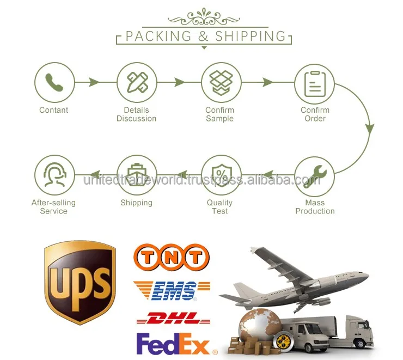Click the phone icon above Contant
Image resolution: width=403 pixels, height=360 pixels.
[x=54, y=82]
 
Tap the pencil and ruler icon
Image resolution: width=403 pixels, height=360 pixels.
[x=136, y=82]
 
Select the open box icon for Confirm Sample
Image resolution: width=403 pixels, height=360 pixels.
[x=221, y=82]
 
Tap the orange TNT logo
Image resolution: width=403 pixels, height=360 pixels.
[x=171, y=257]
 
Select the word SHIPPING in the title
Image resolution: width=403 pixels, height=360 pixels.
[x=251, y=36]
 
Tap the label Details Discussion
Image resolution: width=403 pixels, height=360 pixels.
[x=136, y=114]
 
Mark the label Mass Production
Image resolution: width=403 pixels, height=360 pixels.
[x=315, y=207]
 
